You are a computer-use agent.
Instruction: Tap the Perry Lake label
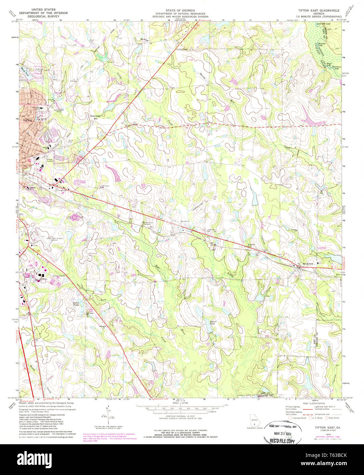[95, 116]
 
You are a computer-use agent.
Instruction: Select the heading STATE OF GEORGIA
[180, 11]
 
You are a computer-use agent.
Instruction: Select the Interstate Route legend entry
[299, 418]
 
